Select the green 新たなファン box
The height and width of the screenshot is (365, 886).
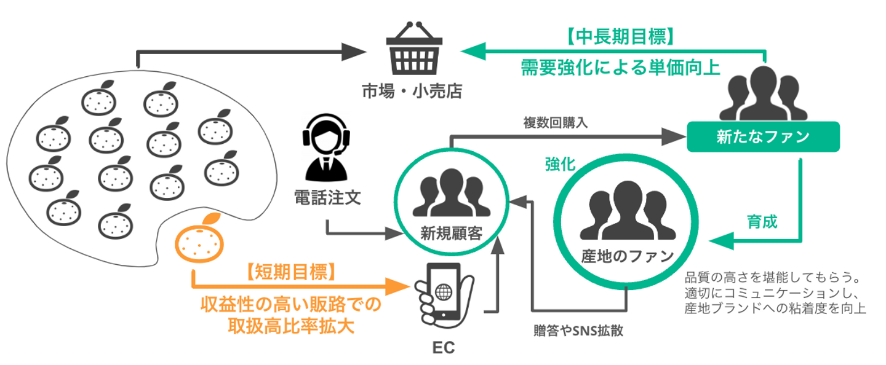tap(763, 136)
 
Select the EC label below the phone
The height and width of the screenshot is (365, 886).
tap(443, 348)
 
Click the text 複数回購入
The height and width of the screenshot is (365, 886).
tap(556, 122)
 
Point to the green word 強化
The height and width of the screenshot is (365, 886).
tap(560, 164)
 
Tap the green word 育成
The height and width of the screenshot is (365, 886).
tap(762, 221)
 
